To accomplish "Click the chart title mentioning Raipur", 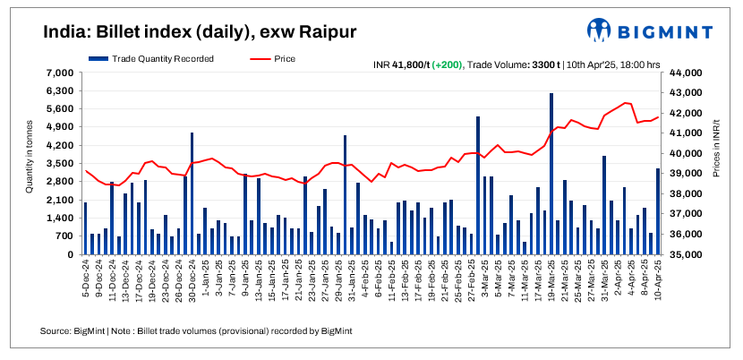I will pos(200,32).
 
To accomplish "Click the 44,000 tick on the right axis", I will pos(682,73).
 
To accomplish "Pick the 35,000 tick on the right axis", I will pos(682,254).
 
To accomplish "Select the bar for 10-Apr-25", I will pos(658,211).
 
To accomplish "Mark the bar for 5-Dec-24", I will pos(86,228).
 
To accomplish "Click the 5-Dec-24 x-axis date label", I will pos(84,281).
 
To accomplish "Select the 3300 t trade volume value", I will pos(546,64).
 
